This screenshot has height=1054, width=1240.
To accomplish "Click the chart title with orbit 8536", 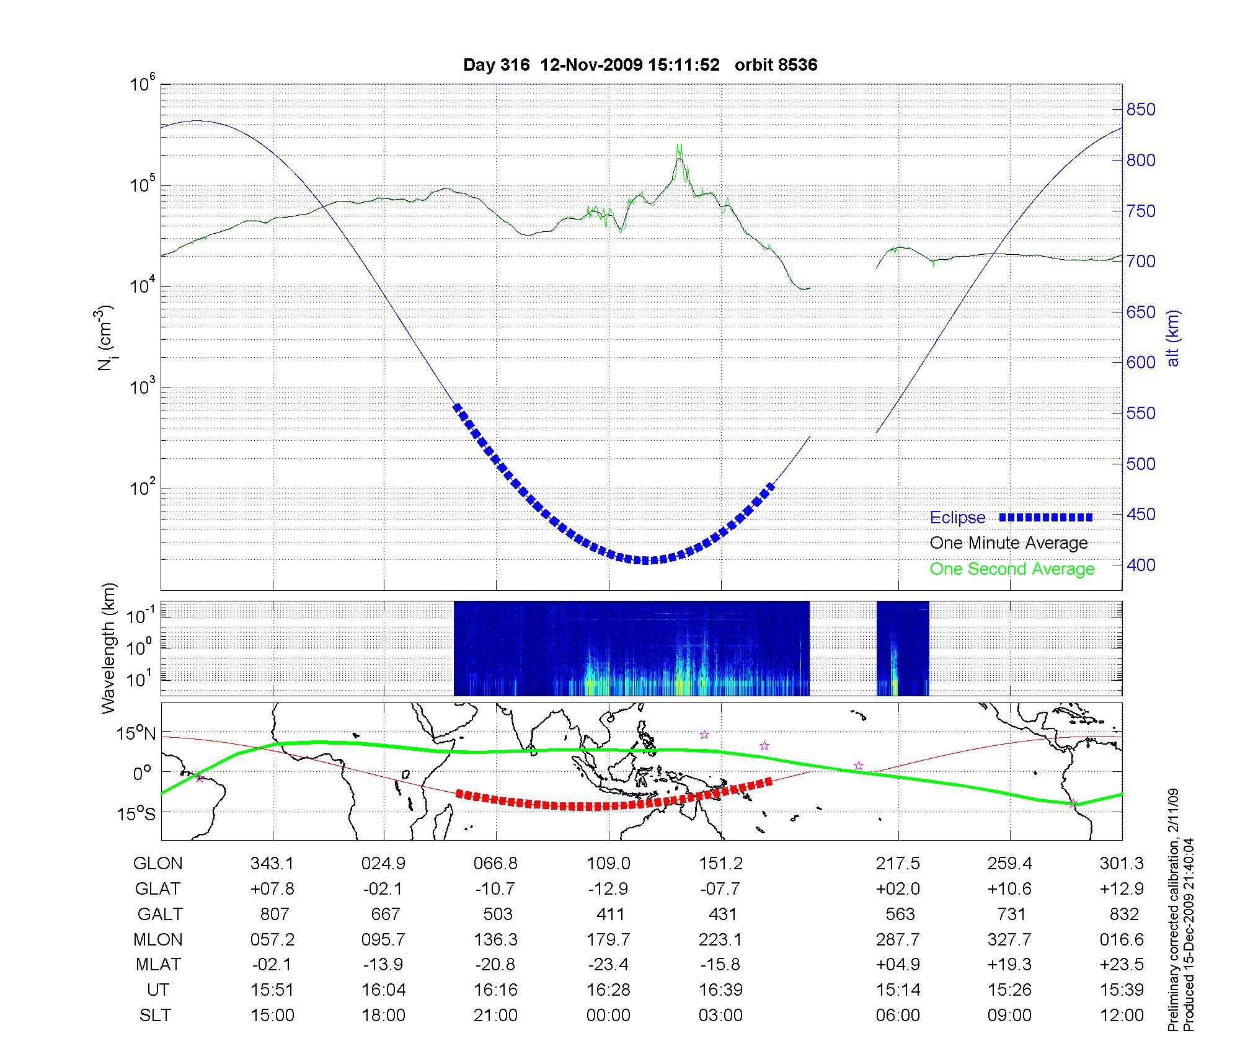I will click(x=640, y=64).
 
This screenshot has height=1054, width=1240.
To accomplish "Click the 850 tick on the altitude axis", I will click(x=1141, y=110).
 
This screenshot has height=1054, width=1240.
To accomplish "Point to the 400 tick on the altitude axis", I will click(x=1141, y=565).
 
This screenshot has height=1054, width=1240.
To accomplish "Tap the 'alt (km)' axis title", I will click(x=1173, y=338).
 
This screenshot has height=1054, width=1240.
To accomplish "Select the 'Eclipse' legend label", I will click(x=957, y=518).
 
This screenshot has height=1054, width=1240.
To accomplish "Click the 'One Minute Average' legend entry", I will click(x=1009, y=543).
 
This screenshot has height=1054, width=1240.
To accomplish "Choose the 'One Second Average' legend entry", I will click(x=1012, y=569).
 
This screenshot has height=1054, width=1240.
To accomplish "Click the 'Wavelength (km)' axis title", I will click(x=109, y=649).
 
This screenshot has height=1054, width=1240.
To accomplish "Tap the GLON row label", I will click(x=158, y=864).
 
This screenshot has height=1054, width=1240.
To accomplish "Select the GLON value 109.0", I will click(x=608, y=864).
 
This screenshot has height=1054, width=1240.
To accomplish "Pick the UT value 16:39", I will click(x=720, y=990).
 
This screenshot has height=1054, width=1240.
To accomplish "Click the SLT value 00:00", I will click(x=608, y=1016).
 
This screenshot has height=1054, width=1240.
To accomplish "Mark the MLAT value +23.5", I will click(x=1122, y=965).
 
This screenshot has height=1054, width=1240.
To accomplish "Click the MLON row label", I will click(x=158, y=940).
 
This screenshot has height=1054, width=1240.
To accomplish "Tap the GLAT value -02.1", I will click(x=383, y=889).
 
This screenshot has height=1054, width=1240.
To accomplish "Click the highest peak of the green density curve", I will click(x=679, y=145).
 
